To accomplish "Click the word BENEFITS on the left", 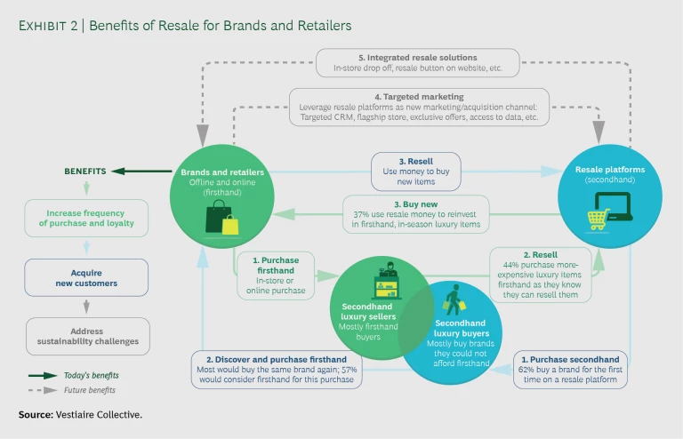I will pos(85,171).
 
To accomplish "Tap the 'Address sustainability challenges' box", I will pos(86,337).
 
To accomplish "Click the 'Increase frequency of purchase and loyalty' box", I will pos(86,218).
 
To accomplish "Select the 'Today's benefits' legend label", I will pos(91,375).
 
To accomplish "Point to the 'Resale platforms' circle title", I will pos(600,168).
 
